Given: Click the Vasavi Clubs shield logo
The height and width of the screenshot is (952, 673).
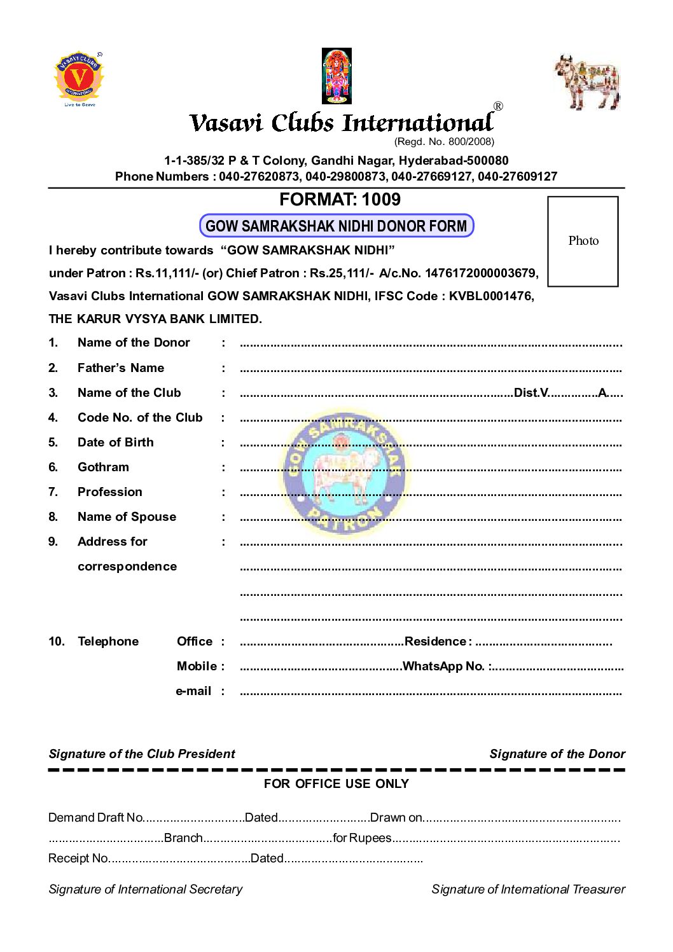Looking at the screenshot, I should pyautogui.click(x=79, y=78).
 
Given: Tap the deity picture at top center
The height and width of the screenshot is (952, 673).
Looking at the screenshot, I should pyautogui.click(x=336, y=76).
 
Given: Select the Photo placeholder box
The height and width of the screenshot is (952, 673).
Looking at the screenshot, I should pyautogui.click(x=583, y=241).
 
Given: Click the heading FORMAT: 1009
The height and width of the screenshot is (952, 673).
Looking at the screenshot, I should pyautogui.click(x=340, y=200).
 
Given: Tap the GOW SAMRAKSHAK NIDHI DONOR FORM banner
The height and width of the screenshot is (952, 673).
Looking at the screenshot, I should pyautogui.click(x=336, y=226).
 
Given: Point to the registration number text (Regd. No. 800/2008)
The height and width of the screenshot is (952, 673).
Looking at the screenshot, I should pyautogui.click(x=444, y=141).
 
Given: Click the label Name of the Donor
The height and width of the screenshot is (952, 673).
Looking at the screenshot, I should pyautogui.click(x=134, y=343).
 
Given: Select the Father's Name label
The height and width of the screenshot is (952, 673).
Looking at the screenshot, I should pyautogui.click(x=121, y=368).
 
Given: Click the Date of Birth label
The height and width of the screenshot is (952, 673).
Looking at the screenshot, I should pyautogui.click(x=116, y=443).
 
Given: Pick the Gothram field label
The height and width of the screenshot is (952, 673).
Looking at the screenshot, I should pyautogui.click(x=103, y=467).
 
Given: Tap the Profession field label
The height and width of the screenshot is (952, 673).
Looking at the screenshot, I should pyautogui.click(x=110, y=492).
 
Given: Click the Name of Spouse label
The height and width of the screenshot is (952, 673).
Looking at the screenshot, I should pyautogui.click(x=127, y=517).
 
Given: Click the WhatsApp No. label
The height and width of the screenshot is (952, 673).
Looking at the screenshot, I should pyautogui.click(x=444, y=666).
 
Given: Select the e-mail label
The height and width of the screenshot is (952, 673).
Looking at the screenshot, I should pyautogui.click(x=193, y=691).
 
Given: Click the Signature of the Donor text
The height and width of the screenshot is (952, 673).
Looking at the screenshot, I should pyautogui.click(x=557, y=754).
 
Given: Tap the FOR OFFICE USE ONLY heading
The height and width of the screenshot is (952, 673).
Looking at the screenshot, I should pyautogui.click(x=336, y=784).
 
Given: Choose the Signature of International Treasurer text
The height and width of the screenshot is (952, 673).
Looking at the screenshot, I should pyautogui.click(x=528, y=890).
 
